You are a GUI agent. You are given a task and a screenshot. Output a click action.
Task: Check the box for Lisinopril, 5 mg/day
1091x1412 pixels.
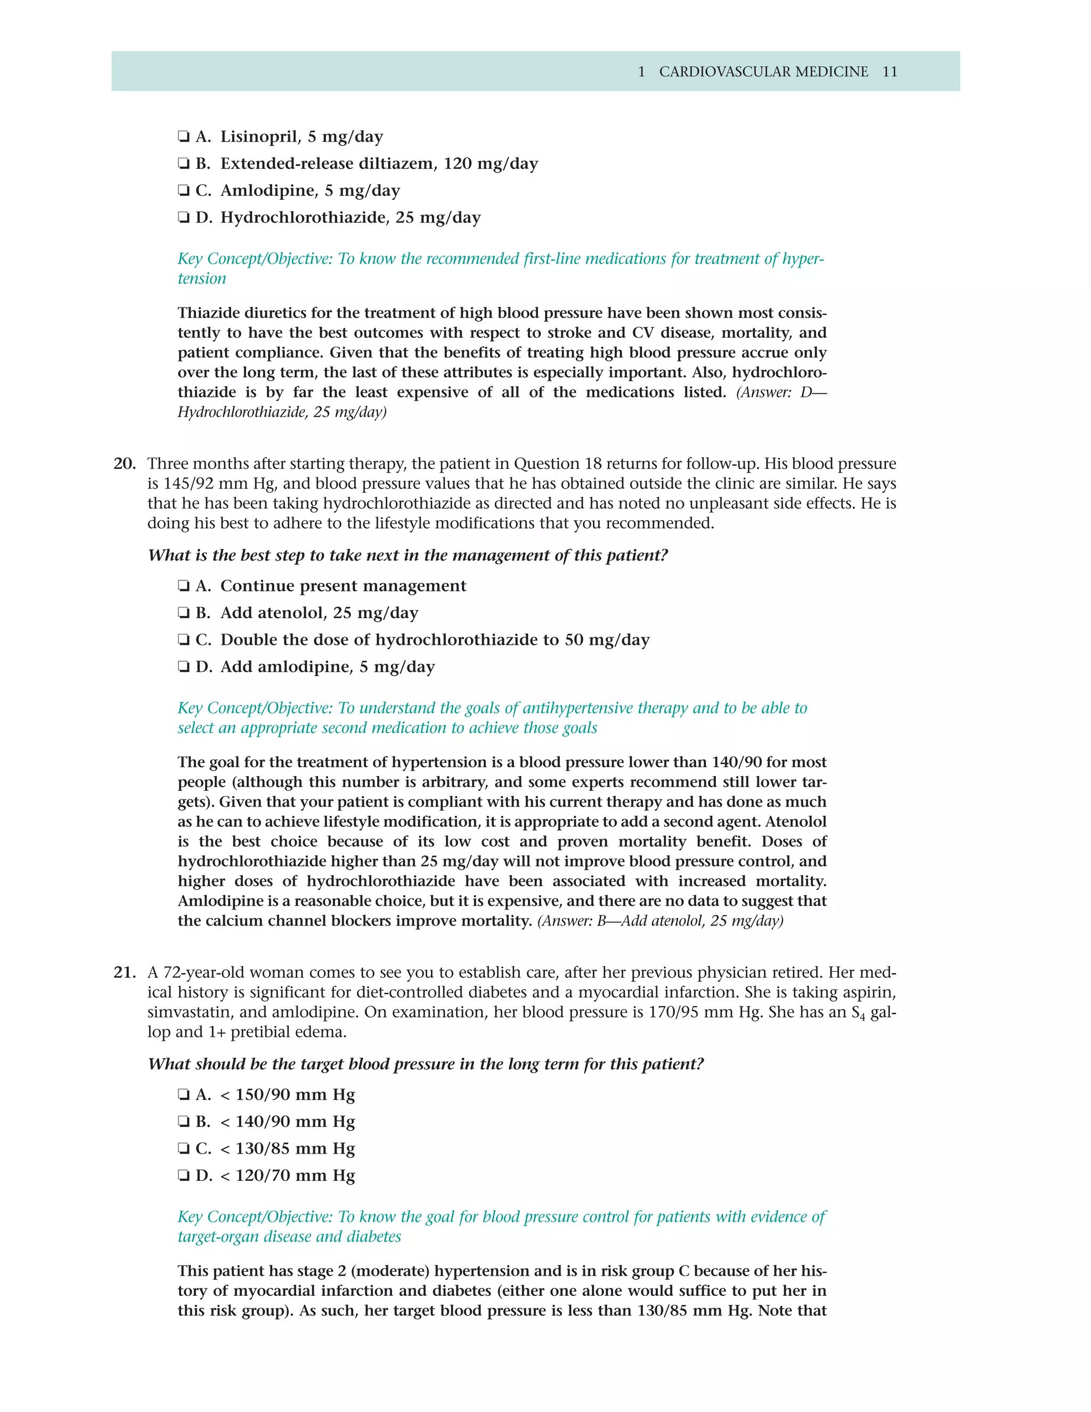[x=184, y=137]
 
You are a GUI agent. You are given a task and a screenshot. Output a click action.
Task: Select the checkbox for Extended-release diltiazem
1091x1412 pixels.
[x=184, y=164]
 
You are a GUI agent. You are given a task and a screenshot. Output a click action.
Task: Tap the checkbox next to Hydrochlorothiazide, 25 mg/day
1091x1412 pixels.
[x=184, y=218]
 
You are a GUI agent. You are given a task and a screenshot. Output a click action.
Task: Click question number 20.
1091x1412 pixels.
[x=125, y=464]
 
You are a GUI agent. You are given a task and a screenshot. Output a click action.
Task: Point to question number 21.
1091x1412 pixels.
[x=125, y=972]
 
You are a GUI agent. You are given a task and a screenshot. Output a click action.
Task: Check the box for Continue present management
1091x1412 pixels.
[x=184, y=587]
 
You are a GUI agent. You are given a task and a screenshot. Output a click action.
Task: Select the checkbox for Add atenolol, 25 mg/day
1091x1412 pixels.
[x=184, y=613]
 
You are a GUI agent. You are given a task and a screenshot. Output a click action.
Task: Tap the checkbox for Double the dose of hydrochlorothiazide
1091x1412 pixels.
[x=184, y=640]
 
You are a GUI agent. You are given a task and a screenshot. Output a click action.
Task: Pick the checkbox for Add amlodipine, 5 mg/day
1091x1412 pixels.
[x=184, y=667]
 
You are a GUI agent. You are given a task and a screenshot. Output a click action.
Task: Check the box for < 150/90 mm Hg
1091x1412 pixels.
[x=184, y=1095]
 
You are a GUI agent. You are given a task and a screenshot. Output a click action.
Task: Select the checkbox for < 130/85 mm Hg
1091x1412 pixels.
[x=184, y=1149]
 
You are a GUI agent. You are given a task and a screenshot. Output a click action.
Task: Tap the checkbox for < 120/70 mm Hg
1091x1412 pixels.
[x=184, y=1176]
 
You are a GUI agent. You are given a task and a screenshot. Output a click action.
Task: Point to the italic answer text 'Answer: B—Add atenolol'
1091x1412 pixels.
[x=660, y=921]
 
